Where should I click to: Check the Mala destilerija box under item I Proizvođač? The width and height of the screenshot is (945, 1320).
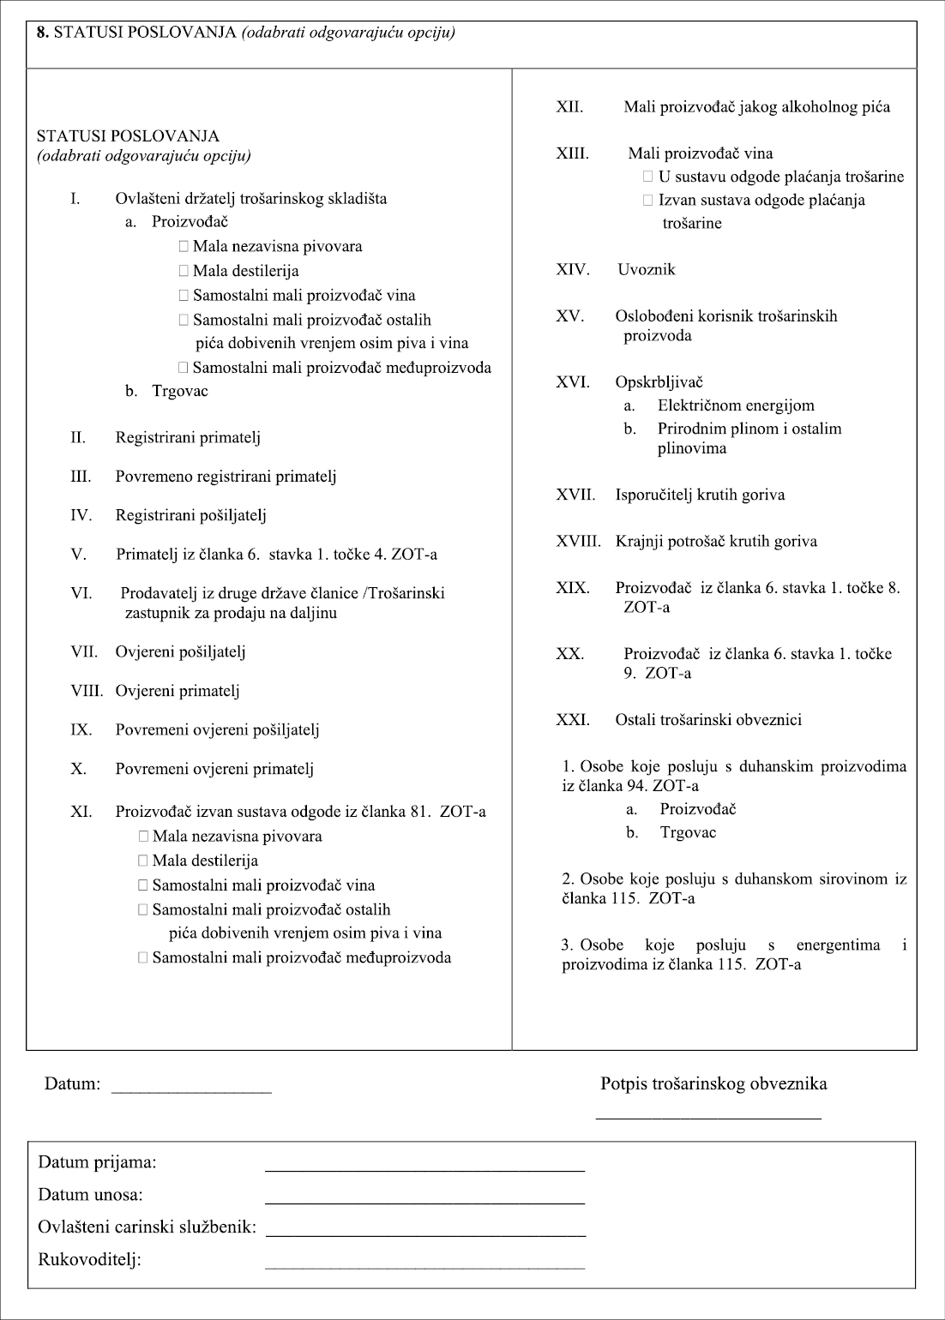click(x=184, y=272)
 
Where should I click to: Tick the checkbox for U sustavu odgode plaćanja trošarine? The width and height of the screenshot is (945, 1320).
click(x=648, y=177)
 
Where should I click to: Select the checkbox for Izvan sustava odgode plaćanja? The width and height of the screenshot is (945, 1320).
click(x=648, y=201)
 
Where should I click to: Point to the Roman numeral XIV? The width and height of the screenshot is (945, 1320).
click(x=572, y=270)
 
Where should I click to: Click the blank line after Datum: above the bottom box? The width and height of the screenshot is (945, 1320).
click(x=191, y=1091)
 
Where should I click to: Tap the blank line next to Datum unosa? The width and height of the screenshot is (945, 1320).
click(x=424, y=1202)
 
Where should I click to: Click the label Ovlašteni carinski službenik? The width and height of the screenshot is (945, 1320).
click(x=147, y=1227)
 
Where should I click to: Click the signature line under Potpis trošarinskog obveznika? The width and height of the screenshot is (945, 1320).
click(x=708, y=1118)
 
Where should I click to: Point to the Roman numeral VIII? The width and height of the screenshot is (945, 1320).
click(x=86, y=691)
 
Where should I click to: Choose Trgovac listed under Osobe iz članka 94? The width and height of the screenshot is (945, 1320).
click(x=688, y=832)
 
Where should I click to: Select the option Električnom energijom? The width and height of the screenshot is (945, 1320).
click(x=736, y=405)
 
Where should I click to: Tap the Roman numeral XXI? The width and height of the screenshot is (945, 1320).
click(x=572, y=720)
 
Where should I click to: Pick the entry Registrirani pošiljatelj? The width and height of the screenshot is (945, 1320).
click(x=191, y=515)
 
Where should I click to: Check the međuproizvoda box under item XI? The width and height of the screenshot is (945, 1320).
click(x=143, y=957)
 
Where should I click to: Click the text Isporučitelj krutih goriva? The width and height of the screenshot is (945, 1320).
click(x=700, y=495)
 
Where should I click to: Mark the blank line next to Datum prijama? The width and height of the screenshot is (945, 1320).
click(x=424, y=1169)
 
